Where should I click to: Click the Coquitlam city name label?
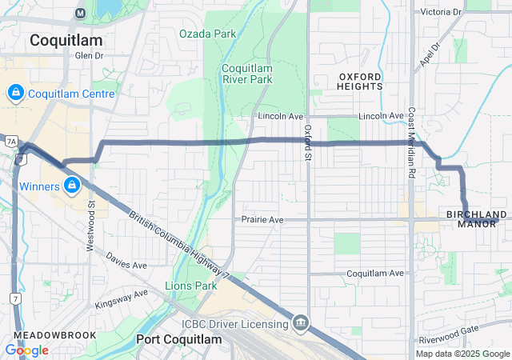(65, 40)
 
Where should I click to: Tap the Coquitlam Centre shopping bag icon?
(15, 94)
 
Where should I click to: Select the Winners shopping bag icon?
(72, 186)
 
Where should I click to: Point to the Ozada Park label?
(208, 34)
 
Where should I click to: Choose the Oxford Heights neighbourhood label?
(359, 81)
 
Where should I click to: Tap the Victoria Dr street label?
(442, 12)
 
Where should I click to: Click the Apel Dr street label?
(430, 55)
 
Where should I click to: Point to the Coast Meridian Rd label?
(411, 142)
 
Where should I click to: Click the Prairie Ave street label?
(263, 218)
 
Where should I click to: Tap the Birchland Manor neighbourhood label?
(477, 218)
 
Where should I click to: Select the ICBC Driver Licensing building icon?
(300, 323)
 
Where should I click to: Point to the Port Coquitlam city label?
(178, 339)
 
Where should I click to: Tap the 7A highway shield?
(10, 141)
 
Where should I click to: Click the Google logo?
(26, 350)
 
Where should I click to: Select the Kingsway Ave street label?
(122, 298)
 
